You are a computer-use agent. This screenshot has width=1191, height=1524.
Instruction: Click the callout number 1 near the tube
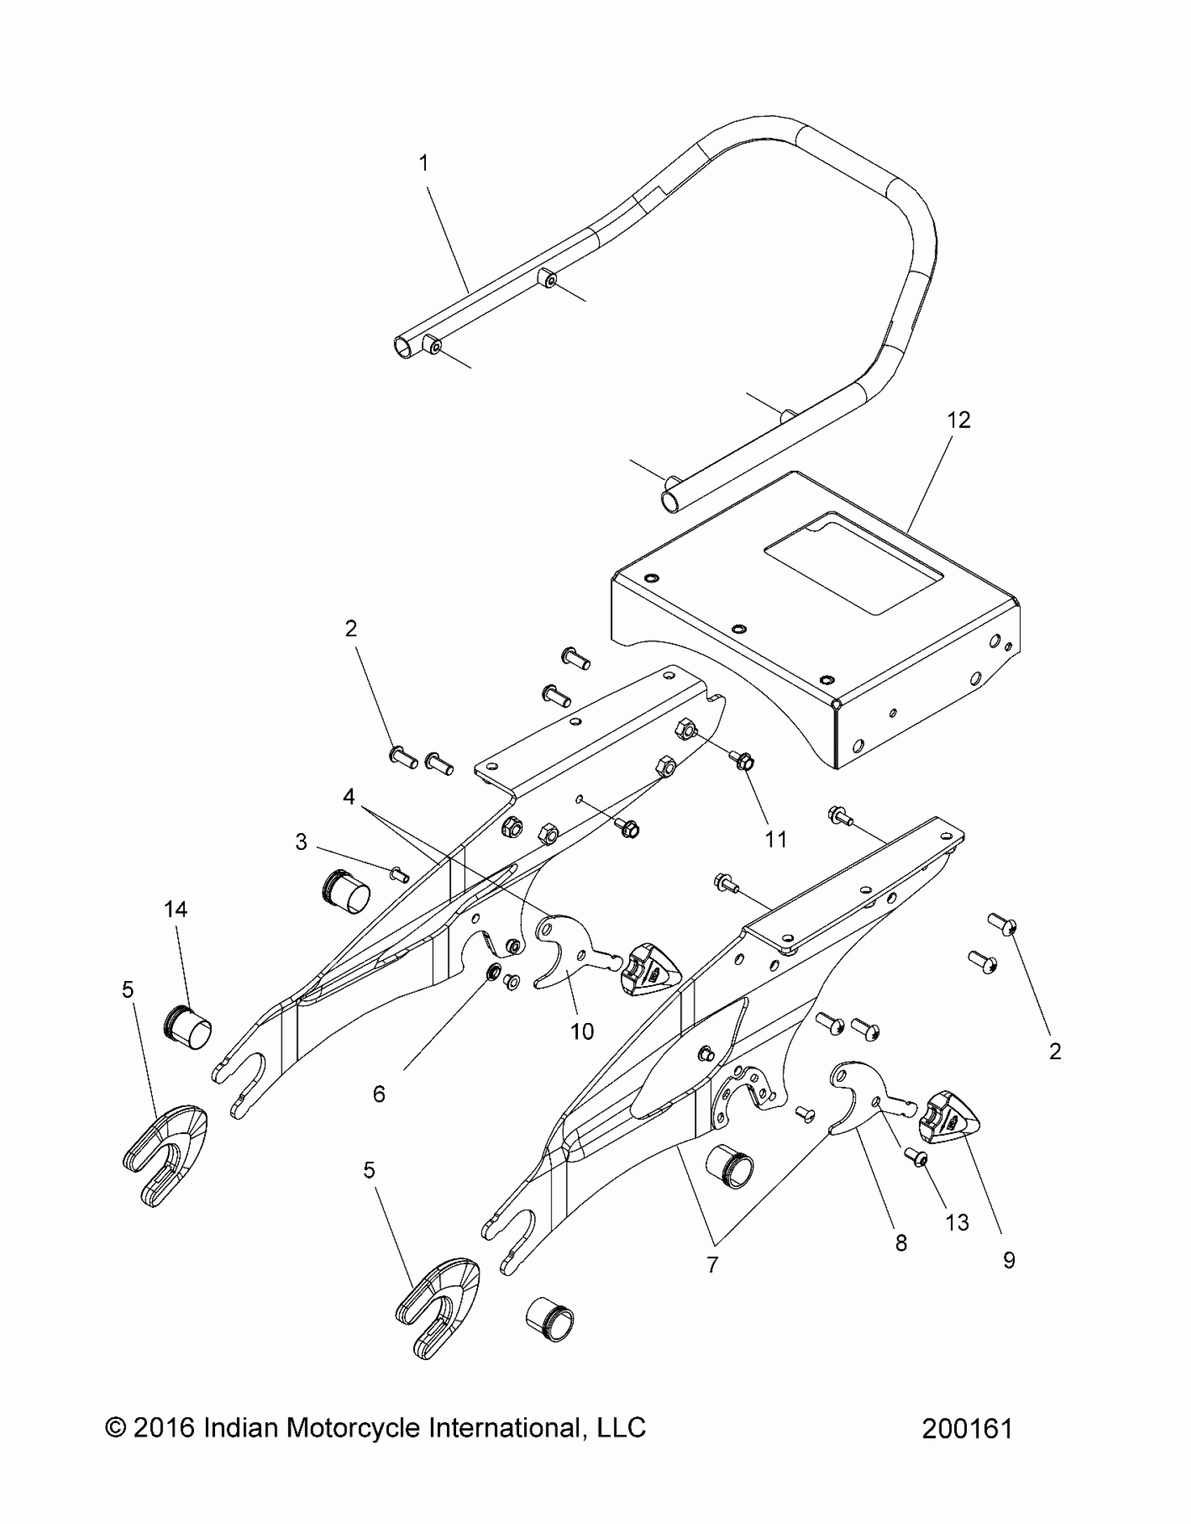point(423,163)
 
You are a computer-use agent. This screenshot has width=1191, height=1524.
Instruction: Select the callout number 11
point(776,839)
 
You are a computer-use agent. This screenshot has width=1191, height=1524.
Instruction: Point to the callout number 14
point(176,909)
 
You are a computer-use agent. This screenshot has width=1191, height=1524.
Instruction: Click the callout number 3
point(301,842)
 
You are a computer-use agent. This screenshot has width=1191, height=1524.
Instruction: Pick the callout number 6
point(379,1094)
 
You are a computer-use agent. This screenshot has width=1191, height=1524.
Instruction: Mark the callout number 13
point(957,1222)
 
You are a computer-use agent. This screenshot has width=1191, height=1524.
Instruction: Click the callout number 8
point(901,1242)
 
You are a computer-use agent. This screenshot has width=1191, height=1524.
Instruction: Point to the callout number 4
point(349,797)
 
